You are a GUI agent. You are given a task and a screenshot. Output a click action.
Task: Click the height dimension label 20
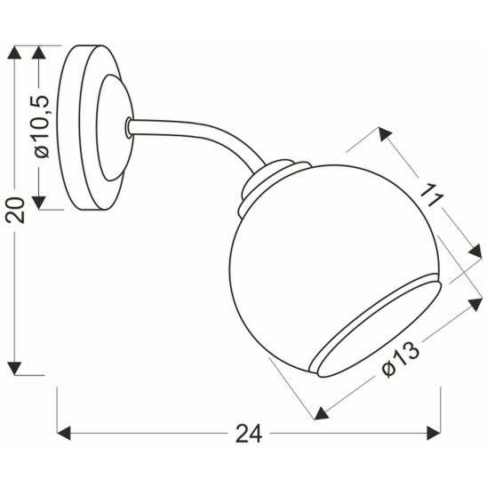[13, 210]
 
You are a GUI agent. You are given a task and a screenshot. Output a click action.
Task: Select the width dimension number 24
[249, 435]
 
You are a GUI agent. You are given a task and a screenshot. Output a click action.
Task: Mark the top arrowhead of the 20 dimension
[13, 52]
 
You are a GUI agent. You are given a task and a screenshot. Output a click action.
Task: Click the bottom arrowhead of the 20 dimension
[13, 365]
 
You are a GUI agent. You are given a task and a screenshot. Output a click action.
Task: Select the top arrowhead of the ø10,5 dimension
[40, 52]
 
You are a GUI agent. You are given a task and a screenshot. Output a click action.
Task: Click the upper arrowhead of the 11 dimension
[385, 135]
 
